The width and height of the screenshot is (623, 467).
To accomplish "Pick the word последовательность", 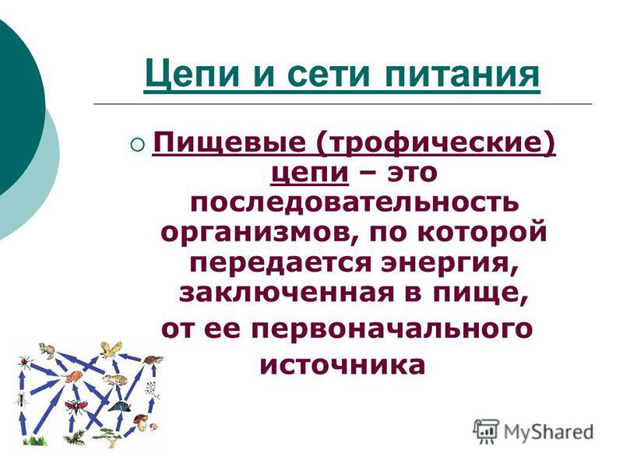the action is pos(354,203).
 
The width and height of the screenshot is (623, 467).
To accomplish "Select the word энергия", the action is pos(449,264).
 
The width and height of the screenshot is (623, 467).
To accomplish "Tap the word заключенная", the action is pos(287,293).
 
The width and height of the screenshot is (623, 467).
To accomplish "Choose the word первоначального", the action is pos(392,328).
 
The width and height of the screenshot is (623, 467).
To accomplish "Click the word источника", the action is pos(343,365).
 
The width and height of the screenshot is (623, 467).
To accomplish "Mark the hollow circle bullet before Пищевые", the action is pos(137,144).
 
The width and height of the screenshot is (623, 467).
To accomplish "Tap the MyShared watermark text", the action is pos(548,431).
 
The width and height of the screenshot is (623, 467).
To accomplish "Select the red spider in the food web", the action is pos(25,362).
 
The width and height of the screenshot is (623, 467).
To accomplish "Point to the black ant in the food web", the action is pos(22,400).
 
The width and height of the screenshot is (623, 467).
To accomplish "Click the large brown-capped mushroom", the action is pos(140,422).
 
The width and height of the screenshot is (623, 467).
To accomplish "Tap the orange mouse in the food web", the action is pos(72,377).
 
